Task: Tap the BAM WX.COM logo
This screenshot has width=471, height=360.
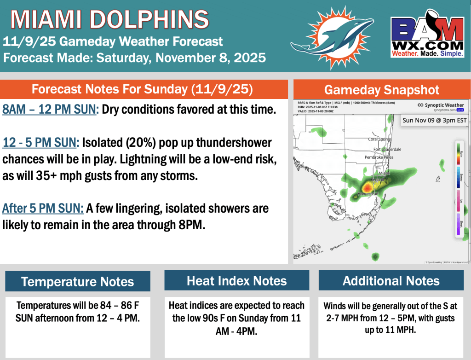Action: [x=427, y=37]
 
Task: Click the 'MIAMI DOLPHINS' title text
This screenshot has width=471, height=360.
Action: [x=109, y=19]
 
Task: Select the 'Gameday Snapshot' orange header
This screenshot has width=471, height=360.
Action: [x=381, y=90]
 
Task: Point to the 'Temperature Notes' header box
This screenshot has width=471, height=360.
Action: [x=77, y=281]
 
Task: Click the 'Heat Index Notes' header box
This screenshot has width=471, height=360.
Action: [x=236, y=281]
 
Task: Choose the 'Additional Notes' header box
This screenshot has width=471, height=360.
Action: [x=391, y=281]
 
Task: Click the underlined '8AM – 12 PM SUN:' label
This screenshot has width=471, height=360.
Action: [x=50, y=110]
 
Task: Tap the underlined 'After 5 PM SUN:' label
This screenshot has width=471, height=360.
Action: [x=43, y=209]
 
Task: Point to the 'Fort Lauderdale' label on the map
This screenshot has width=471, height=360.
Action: [x=387, y=149]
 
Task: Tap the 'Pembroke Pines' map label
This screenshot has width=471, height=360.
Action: [x=379, y=157]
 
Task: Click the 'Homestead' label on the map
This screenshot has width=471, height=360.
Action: [x=368, y=194]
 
